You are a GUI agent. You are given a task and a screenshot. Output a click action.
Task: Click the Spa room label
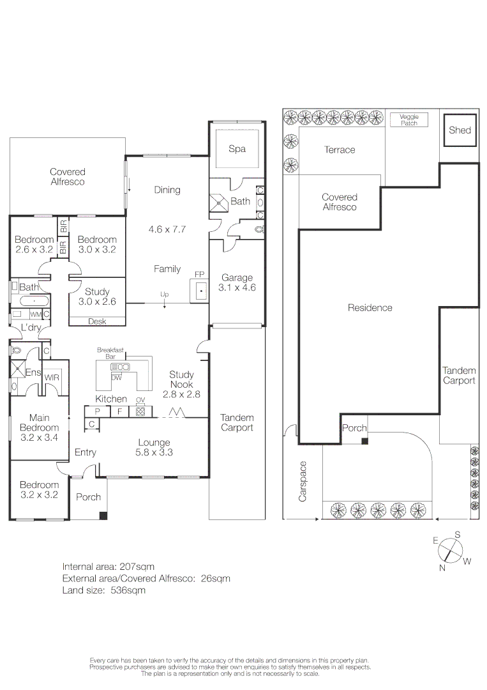[x=237, y=149]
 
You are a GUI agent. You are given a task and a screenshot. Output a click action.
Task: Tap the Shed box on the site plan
[x=460, y=130]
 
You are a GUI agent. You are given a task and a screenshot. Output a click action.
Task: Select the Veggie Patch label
[x=408, y=119]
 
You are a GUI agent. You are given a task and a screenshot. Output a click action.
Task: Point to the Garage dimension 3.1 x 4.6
[x=237, y=287]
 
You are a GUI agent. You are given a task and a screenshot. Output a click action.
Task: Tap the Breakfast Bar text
[x=110, y=353]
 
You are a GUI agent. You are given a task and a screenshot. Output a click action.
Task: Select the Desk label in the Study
[x=97, y=321]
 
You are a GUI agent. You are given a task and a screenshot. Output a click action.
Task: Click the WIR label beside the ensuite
[x=52, y=378]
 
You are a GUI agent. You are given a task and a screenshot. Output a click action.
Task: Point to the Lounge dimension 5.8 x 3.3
[x=154, y=452]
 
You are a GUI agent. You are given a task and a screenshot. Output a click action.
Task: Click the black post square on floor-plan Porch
[x=103, y=516]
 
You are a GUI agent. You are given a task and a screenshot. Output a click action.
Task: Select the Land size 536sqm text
[x=104, y=590]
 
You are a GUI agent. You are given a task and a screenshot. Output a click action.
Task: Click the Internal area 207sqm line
[x=109, y=566]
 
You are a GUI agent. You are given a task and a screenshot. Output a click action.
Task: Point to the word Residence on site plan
[x=370, y=307]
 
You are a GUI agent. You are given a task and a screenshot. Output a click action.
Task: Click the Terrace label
[x=339, y=149]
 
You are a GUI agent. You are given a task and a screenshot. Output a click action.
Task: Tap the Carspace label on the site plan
[x=303, y=481]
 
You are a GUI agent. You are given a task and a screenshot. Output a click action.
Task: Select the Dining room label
[x=167, y=190]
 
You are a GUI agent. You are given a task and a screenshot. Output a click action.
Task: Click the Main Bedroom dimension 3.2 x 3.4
[x=39, y=438]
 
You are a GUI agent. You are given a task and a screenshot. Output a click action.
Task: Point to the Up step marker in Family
[x=164, y=295]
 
